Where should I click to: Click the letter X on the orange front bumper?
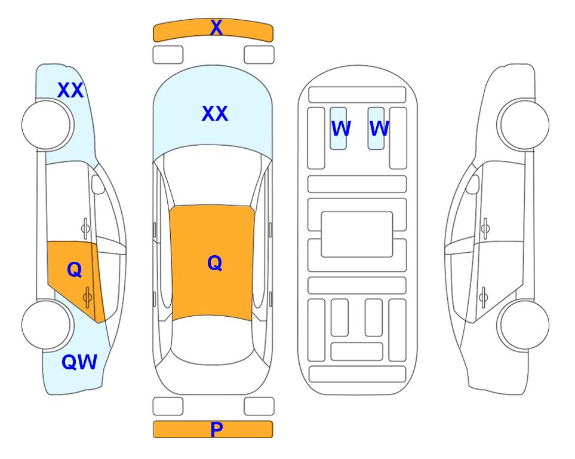click(216, 27)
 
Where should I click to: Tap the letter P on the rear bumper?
click(216, 429)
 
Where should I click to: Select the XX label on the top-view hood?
click(215, 114)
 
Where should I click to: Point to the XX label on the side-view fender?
click(70, 90)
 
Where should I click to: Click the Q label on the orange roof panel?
click(214, 263)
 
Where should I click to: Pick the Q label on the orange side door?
click(75, 270)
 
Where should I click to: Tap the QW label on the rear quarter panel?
click(79, 362)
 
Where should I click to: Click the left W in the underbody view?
click(341, 128)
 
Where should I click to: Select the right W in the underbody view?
click(379, 128)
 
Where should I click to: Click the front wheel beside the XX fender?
click(46, 125)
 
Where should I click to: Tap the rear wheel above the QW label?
click(46, 325)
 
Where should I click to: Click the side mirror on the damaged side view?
click(98, 184)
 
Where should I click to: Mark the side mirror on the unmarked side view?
click(473, 184)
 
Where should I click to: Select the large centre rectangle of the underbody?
click(357, 234)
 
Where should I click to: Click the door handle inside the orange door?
click(87, 296)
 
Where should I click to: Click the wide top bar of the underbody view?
click(357, 95)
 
